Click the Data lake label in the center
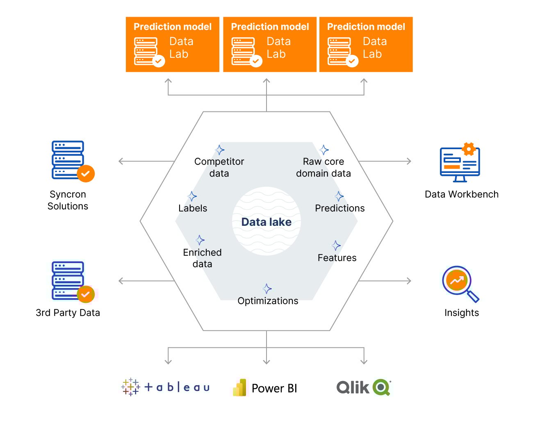tap(266, 222)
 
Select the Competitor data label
tap(219, 167)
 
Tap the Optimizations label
tap(268, 301)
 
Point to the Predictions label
tap(339, 208)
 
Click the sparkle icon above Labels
tap(192, 197)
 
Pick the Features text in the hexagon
tap(337, 258)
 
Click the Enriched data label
tap(202, 258)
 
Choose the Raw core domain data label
tap(323, 167)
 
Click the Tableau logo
tap(166, 387)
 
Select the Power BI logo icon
tap(240, 388)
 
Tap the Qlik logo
tap(363, 387)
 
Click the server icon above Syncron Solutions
tap(68, 160)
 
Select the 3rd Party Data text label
tap(68, 313)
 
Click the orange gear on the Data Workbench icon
tap(469, 149)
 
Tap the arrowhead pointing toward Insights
tap(409, 281)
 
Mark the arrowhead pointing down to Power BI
tap(266, 361)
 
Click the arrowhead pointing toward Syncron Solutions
tap(121, 161)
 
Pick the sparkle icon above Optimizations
tap(267, 288)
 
